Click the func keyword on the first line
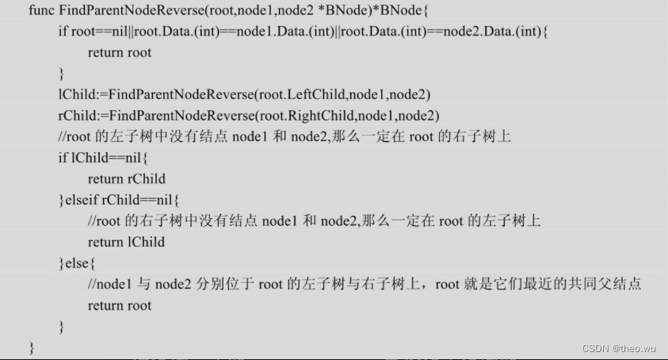pos(41,11)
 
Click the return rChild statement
pos(126,179)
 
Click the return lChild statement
pos(126,242)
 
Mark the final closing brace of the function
pos(32,348)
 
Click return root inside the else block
pos(120,305)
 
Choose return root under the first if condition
pos(120,53)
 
